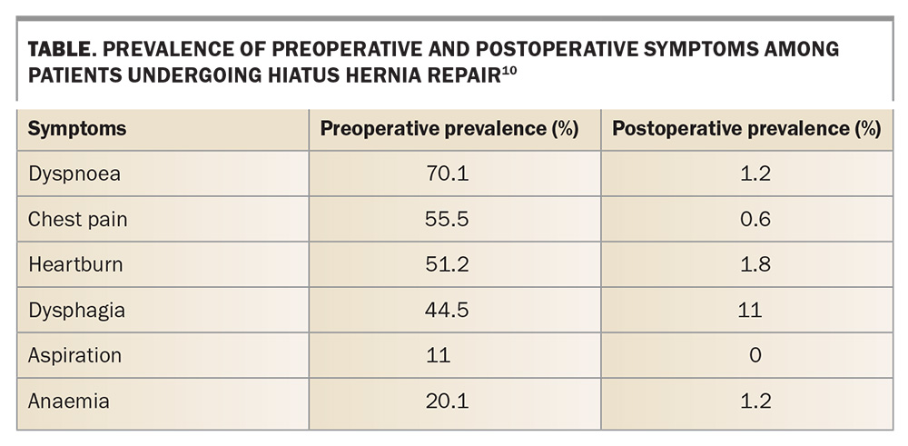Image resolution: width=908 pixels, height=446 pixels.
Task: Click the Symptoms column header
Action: (77, 129)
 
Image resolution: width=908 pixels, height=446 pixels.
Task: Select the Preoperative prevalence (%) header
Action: (449, 129)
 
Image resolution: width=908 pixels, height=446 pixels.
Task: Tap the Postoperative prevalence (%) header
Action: (746, 129)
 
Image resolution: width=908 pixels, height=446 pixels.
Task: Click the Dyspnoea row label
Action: (74, 174)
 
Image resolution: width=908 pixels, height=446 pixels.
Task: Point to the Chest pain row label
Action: (77, 220)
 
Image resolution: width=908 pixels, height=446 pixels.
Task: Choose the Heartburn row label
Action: (75, 264)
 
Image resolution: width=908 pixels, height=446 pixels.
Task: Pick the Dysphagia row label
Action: (76, 311)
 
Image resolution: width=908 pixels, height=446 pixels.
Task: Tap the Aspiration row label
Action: (74, 356)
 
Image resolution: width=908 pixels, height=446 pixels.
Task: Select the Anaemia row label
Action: (68, 401)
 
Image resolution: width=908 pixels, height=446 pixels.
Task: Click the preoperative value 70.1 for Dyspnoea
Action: (447, 173)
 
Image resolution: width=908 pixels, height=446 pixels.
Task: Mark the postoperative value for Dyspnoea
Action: (755, 173)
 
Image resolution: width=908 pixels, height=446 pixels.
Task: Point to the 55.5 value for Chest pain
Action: (447, 220)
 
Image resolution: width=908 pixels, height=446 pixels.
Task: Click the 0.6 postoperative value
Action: (755, 220)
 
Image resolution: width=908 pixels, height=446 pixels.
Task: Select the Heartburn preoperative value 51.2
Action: (447, 264)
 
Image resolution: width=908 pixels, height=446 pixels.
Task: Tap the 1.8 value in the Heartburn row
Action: (755, 264)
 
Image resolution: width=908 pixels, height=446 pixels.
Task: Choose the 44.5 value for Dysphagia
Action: (447, 311)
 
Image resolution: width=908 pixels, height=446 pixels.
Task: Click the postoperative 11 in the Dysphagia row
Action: (750, 311)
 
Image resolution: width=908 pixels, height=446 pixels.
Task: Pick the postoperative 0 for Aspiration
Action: (755, 356)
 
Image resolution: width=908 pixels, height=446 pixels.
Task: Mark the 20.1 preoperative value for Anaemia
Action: (447, 401)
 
